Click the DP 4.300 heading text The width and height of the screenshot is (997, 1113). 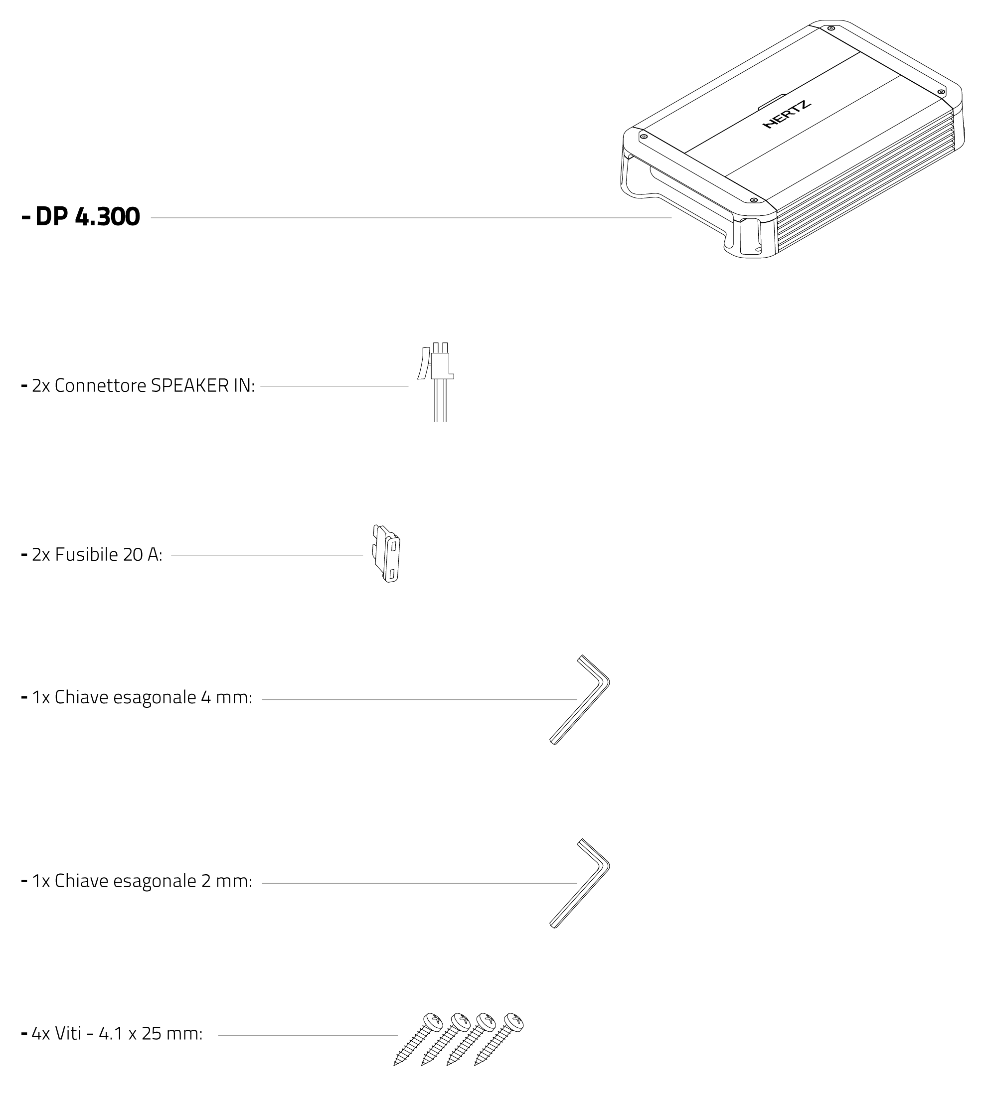[87, 217]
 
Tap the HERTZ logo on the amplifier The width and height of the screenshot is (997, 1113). [787, 115]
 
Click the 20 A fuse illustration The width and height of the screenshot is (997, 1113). [387, 554]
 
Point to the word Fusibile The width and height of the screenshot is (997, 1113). [87, 555]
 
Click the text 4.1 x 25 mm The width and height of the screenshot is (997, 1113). [150, 1034]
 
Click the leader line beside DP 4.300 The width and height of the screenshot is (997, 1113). [411, 217]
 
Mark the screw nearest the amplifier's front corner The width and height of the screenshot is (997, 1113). [753, 200]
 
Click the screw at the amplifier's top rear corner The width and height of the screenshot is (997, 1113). [831, 28]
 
